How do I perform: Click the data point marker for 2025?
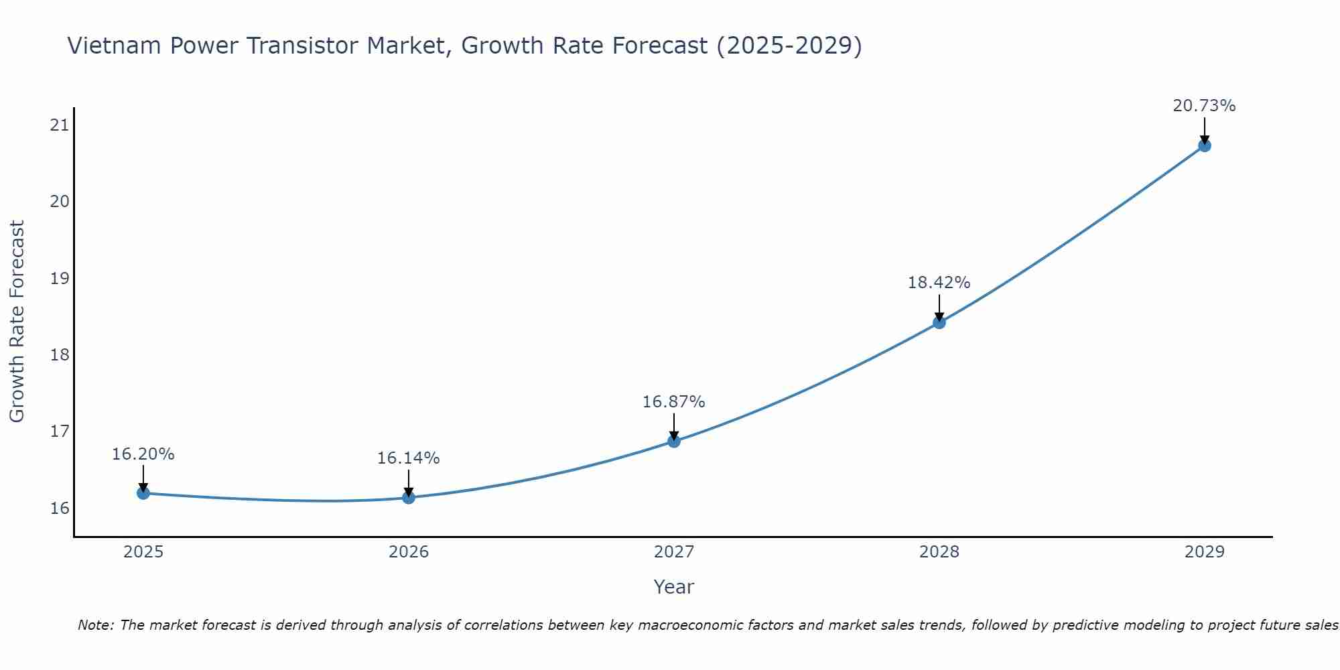(143, 493)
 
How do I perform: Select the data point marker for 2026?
(409, 498)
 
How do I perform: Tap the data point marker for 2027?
(674, 442)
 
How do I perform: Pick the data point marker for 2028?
(939, 323)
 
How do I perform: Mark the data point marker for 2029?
(1205, 145)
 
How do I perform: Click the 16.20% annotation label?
(143, 454)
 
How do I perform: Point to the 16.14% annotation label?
(409, 458)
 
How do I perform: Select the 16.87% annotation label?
(674, 402)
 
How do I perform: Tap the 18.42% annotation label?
(939, 283)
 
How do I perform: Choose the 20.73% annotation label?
(1205, 106)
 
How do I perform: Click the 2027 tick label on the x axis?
(674, 552)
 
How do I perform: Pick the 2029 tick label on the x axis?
(1205, 552)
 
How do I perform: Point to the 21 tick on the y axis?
(60, 125)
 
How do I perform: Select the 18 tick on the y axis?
(60, 354)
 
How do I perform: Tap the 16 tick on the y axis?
(60, 508)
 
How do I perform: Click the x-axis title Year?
(674, 587)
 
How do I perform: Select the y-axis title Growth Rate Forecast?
(17, 322)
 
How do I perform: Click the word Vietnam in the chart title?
(114, 46)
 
